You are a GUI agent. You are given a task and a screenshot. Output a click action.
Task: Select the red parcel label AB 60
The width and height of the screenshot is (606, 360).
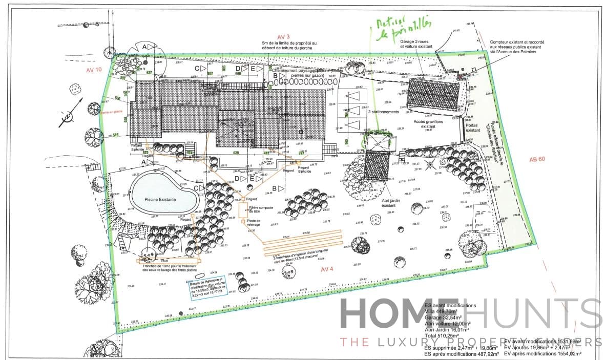(537, 158)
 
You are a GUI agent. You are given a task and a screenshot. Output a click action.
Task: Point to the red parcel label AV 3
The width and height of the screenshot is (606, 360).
(283, 37)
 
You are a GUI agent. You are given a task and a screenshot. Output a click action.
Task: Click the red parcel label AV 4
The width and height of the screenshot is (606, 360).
(327, 269)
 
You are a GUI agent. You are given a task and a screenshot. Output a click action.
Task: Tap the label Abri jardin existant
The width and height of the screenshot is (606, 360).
(389, 203)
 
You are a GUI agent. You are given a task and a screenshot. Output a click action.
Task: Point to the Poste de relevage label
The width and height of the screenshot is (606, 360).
(254, 223)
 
